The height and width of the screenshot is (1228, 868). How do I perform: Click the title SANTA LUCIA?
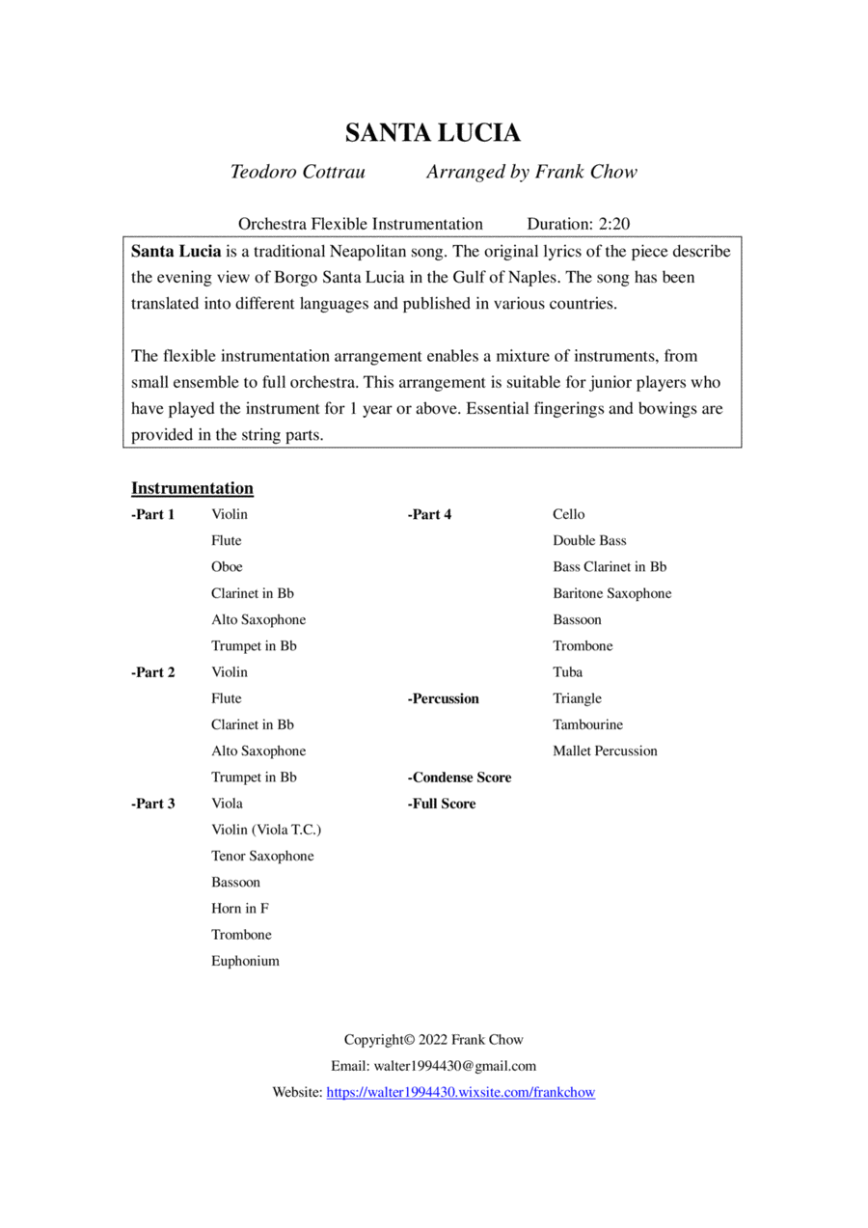pos(433,132)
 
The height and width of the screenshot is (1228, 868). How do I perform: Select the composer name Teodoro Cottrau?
pos(297,173)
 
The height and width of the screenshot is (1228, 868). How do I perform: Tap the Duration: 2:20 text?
pos(578,224)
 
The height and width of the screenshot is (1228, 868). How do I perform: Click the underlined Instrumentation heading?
pos(192,488)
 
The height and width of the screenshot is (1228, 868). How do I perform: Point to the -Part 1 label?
pos(153,514)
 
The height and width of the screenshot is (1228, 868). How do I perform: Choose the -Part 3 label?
pos(153,804)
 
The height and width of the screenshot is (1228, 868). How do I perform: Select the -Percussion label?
pos(443,698)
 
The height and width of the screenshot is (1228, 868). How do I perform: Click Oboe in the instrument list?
pos(227,567)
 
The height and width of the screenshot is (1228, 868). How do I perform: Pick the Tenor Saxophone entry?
pos(262,856)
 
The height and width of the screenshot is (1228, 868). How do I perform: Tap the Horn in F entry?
pos(240,909)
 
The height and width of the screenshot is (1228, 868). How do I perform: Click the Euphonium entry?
pos(245,961)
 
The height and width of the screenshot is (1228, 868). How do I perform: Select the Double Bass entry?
pos(589,541)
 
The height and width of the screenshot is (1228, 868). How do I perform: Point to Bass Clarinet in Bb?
pos(610,567)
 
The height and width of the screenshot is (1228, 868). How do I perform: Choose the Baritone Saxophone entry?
pos(611,593)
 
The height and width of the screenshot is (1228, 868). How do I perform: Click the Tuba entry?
pos(567,672)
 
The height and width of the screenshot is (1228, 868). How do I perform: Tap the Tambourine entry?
pos(587,724)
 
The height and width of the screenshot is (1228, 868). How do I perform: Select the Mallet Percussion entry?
pos(605,750)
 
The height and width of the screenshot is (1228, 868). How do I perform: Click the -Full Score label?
pos(442,804)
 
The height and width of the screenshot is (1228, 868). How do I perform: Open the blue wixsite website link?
pos(461,1093)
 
